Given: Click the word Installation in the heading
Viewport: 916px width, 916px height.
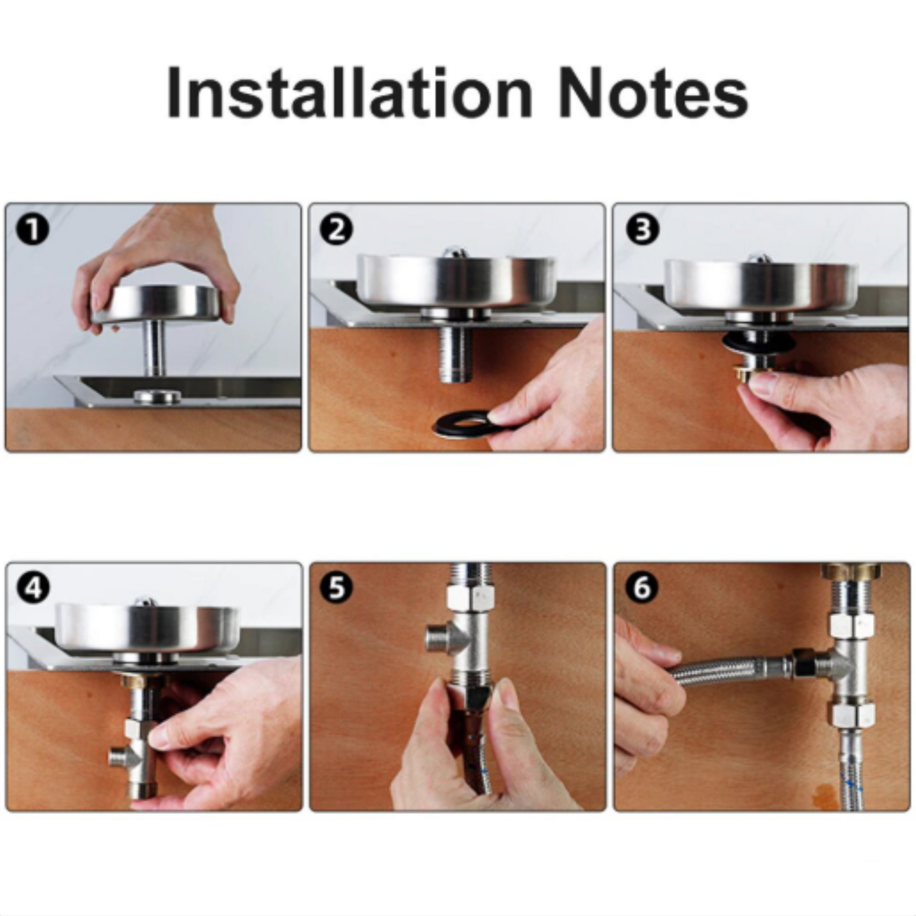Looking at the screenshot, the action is [x=350, y=92].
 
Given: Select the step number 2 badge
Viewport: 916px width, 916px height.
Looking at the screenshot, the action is [x=337, y=230].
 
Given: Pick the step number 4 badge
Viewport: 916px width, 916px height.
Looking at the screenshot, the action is [x=33, y=588].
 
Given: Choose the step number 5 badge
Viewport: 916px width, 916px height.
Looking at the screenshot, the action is [x=337, y=588].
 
